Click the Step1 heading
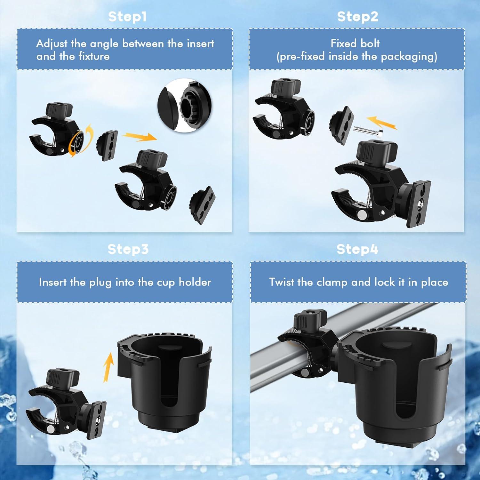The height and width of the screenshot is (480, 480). tap(127, 17)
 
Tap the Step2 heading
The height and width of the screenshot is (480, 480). tap(357, 17)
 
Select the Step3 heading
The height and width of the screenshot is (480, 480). tap(128, 249)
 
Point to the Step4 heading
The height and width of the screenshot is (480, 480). tap(357, 249)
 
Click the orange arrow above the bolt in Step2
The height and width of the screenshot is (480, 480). tap(381, 123)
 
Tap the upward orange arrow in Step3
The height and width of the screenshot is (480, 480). tap(109, 367)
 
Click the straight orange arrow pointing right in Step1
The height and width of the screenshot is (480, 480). tap(140, 137)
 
